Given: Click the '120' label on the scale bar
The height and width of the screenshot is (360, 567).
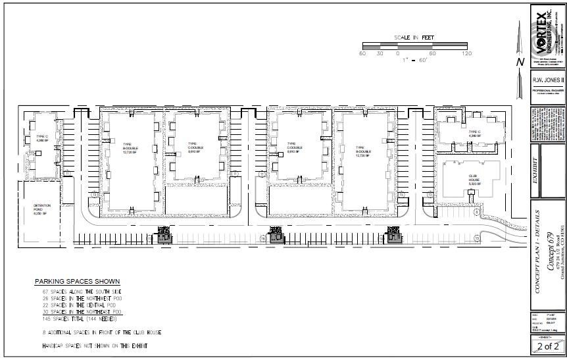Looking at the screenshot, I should click(467, 53).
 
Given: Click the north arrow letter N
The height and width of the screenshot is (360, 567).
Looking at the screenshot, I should click(520, 62).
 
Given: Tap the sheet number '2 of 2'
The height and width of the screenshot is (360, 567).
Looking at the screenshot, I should click(547, 346).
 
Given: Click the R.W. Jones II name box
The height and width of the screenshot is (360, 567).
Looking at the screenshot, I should click(547, 80).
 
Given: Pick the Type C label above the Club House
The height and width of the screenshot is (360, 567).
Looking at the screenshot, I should click(476, 134).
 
